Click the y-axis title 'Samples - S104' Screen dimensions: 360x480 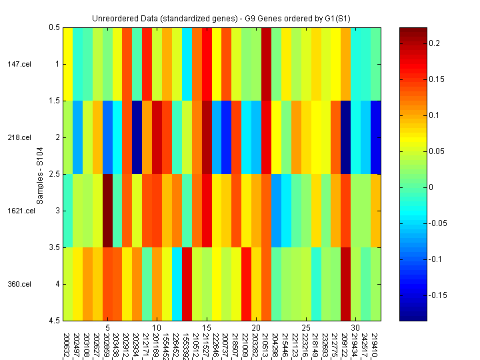click(x=41, y=173)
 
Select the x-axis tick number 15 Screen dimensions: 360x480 click(x=206, y=328)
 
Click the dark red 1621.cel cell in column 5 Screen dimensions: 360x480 click(x=107, y=211)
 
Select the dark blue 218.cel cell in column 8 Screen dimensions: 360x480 click(x=137, y=137)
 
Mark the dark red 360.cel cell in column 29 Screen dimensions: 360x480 click(x=345, y=284)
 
